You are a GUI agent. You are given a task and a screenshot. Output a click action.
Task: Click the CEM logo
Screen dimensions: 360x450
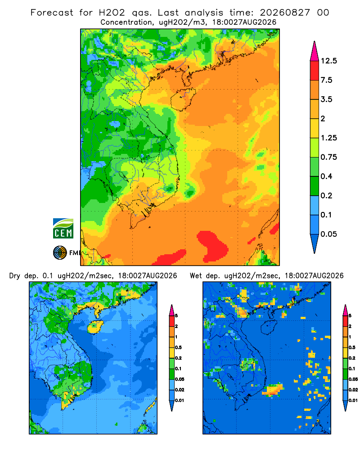(63, 229)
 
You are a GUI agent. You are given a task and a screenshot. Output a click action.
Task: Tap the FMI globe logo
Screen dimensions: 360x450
(60, 253)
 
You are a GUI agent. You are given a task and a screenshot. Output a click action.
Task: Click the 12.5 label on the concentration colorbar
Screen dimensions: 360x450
(329, 61)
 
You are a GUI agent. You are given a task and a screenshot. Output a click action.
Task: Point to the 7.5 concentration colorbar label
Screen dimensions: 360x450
(326, 80)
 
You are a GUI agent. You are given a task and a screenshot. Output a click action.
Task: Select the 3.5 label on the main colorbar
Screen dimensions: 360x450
(326, 99)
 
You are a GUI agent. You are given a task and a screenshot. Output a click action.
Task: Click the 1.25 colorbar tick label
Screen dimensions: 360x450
(329, 138)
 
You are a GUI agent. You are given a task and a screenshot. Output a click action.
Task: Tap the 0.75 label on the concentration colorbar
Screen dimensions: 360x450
(329, 157)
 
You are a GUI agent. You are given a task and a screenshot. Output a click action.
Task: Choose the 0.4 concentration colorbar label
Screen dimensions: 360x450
(326, 176)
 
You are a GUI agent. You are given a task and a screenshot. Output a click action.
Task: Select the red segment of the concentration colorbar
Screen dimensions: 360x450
(315, 71)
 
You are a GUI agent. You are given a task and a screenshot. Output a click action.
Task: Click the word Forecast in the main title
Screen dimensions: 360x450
(52, 13)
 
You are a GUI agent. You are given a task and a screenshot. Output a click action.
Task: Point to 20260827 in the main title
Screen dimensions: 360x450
(285, 13)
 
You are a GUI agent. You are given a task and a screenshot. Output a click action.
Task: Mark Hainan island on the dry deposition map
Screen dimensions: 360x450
(95, 327)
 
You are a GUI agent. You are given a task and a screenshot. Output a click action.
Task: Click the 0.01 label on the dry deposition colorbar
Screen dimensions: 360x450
(180, 400)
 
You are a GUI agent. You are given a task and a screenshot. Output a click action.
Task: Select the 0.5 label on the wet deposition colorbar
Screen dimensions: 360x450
(352, 347)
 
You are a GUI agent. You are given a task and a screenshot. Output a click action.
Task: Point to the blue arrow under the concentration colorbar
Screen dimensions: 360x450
(315, 243)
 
